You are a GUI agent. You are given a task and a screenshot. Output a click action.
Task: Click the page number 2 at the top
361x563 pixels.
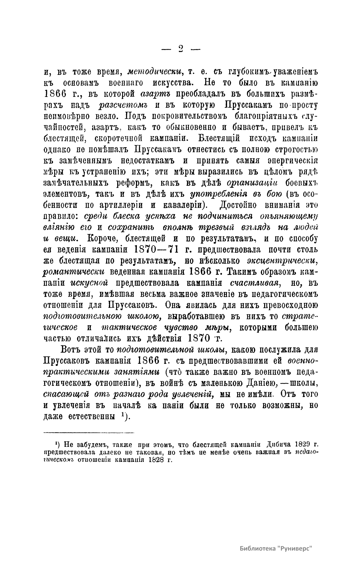point(181,49)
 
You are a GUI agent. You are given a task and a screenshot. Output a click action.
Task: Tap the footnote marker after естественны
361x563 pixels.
point(123,416)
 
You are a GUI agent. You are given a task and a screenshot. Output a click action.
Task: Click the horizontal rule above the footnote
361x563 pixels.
point(89,433)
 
